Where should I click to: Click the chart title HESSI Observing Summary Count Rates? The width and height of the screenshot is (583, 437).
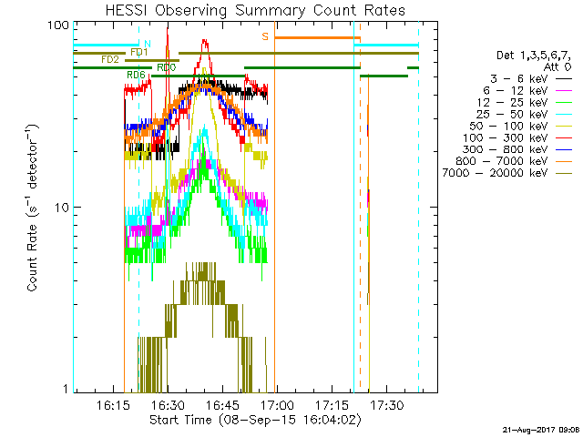click(x=255, y=10)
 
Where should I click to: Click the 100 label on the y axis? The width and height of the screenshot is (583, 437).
click(x=57, y=25)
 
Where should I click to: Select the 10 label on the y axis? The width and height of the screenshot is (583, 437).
click(x=61, y=208)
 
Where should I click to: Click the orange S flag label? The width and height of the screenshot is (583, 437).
click(x=265, y=36)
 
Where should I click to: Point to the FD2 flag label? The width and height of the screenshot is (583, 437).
click(x=109, y=59)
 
